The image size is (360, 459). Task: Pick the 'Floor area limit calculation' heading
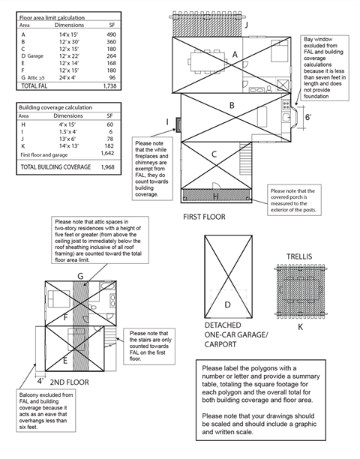click(x=51, y=16)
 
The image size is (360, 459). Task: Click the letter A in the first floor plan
click(x=235, y=54)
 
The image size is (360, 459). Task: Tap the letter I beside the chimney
click(x=168, y=121)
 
